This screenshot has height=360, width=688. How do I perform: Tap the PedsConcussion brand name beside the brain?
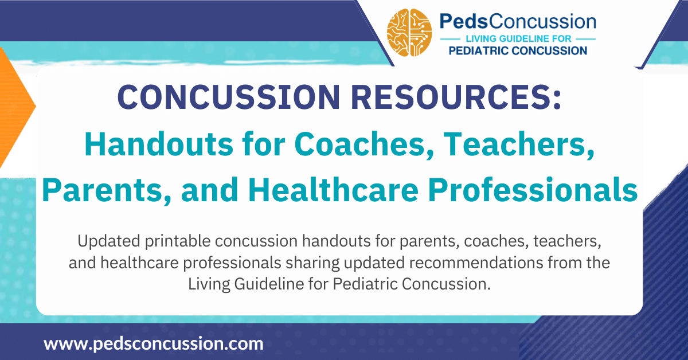[517, 22]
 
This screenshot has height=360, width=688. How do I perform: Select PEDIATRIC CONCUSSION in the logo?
[517, 50]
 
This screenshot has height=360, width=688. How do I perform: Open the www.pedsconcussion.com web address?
[154, 344]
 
